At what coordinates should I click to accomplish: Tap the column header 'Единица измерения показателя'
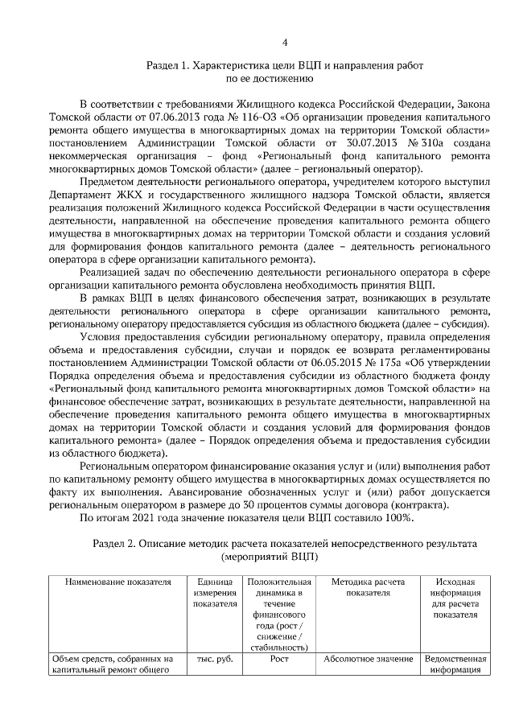pyautogui.click(x=214, y=593)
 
